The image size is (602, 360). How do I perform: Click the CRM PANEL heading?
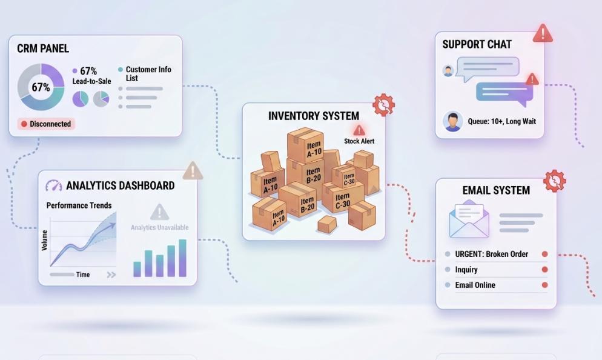[x=43, y=48]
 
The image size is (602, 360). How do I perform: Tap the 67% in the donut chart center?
[x=41, y=87]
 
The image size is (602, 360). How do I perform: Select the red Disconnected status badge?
[x=46, y=124]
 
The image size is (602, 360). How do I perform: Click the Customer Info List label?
[x=148, y=73]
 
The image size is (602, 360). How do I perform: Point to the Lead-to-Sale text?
[x=92, y=81]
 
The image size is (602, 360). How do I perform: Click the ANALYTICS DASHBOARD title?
[x=120, y=185]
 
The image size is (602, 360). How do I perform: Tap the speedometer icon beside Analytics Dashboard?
[x=54, y=185]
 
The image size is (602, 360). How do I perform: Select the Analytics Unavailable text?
[x=160, y=227]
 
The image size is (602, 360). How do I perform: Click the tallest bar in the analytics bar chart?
[x=182, y=258]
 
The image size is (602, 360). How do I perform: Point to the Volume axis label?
[x=45, y=241]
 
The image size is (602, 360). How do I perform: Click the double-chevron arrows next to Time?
[x=111, y=275]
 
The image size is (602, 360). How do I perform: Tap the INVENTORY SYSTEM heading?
[x=314, y=116]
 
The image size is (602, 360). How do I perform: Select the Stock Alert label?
[x=359, y=141]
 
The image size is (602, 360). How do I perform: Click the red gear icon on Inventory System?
[x=383, y=104]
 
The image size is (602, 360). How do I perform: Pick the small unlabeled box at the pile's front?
[x=326, y=224]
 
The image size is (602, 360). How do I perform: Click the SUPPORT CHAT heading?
[x=477, y=45]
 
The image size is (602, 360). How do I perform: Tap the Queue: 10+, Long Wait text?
[x=502, y=121]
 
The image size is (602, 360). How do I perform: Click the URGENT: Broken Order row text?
[x=491, y=254]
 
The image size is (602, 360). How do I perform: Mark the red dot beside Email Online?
[x=544, y=285]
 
